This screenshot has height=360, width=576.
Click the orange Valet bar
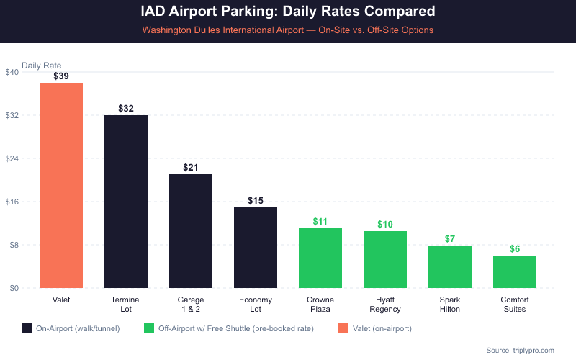tap(61, 185)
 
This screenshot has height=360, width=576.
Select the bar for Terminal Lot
tap(126, 202)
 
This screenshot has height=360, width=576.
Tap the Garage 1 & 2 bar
tap(191, 231)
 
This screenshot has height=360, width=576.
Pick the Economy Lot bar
tap(256, 248)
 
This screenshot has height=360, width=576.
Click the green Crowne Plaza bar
tap(320, 258)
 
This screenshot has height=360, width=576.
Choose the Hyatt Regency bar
tap(385, 259)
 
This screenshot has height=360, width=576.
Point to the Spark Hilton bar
tap(450, 266)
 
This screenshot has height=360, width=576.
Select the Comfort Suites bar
tap(515, 271)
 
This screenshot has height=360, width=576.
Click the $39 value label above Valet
tap(61, 76)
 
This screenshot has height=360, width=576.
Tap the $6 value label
tap(515, 249)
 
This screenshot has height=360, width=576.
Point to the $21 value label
tap(191, 167)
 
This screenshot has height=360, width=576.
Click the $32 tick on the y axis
tap(12, 115)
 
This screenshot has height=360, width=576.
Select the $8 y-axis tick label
tap(14, 245)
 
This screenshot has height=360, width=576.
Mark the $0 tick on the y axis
tap(14, 288)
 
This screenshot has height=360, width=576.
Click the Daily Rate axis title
tap(42, 65)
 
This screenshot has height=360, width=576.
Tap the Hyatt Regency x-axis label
tap(385, 304)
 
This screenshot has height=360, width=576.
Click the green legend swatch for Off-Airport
tap(150, 328)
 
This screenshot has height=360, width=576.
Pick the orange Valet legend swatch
tap(343, 328)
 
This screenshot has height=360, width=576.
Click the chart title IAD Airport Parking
tap(288, 12)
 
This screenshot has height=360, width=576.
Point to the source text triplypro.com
tap(520, 350)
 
